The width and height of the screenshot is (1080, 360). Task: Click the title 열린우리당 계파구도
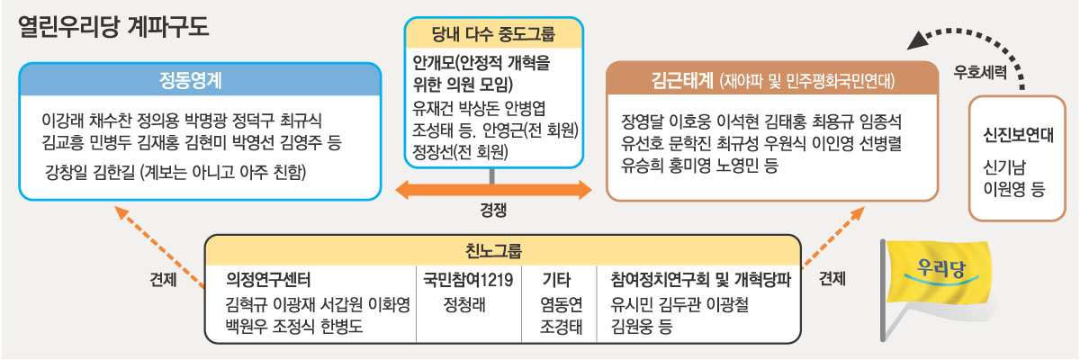coord(113,27)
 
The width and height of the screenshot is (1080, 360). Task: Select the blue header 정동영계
coord(198,80)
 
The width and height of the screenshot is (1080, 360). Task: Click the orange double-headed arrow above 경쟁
coord(494,190)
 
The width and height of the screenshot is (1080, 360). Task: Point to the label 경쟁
coord(494,213)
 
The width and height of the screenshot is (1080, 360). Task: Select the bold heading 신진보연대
coord(1019,138)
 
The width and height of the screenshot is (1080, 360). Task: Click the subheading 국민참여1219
coord(468,279)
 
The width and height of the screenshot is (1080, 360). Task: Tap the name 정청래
coord(465,303)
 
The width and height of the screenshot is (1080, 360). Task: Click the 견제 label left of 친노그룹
coord(163,279)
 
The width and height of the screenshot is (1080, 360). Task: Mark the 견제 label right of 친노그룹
coord(832,279)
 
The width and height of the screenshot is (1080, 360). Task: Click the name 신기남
coord(1008,168)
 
